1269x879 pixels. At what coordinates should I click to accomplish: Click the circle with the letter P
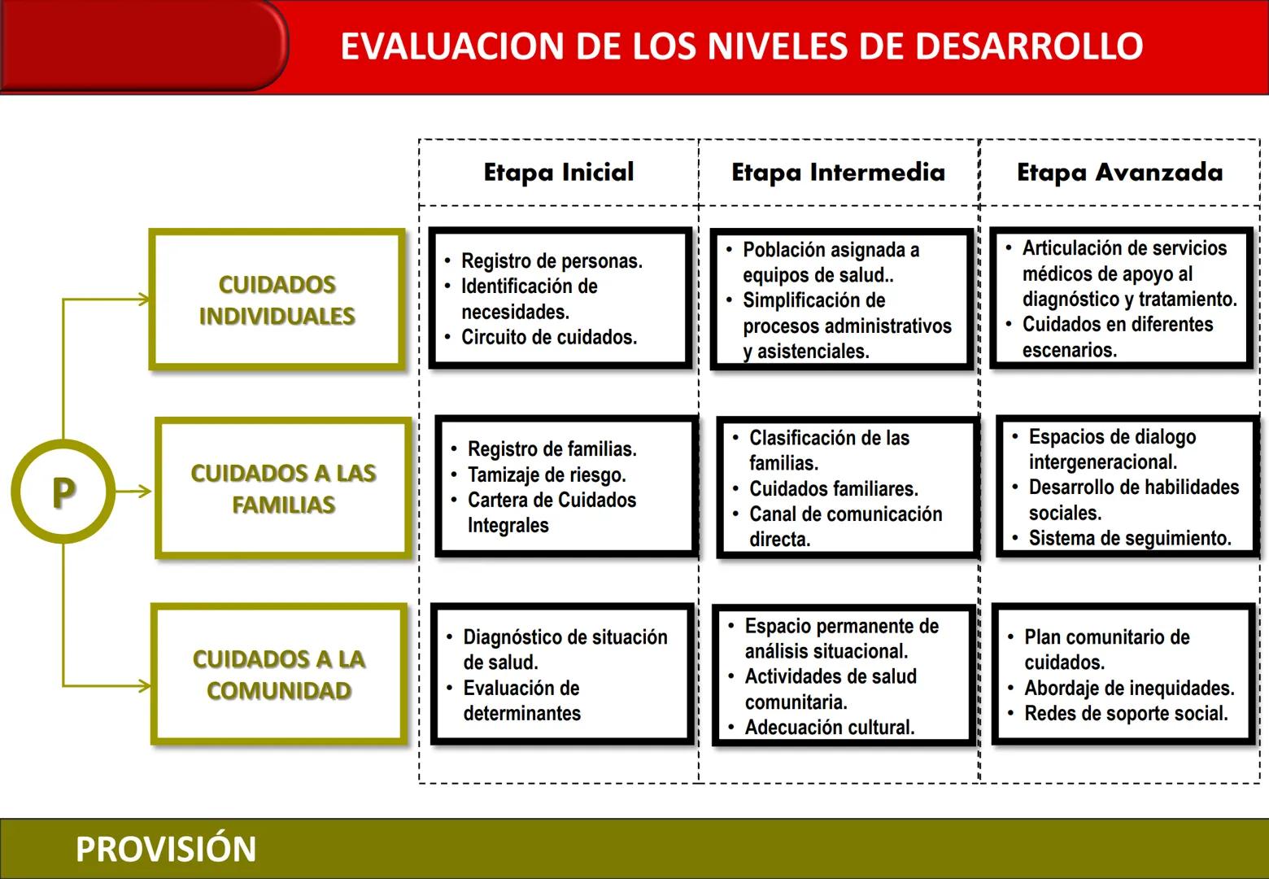click(x=63, y=492)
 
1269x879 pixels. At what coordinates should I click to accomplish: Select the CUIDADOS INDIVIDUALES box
click(x=277, y=300)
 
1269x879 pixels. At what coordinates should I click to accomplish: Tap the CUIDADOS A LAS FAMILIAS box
click(x=283, y=488)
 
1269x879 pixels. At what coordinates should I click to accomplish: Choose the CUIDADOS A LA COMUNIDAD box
click(x=278, y=674)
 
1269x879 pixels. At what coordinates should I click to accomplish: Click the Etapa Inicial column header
click(x=559, y=173)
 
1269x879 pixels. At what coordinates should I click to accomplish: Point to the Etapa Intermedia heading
click(x=838, y=173)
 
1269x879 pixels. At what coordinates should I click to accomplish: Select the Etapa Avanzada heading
click(x=1119, y=173)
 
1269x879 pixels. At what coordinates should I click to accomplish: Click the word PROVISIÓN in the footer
click(x=166, y=849)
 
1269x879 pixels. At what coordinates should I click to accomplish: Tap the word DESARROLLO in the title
click(x=1029, y=46)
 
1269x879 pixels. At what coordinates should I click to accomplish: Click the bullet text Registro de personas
click(x=552, y=261)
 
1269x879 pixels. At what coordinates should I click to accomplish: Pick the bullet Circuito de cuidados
click(x=549, y=337)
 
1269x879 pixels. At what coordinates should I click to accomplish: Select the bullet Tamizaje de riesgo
click(x=547, y=474)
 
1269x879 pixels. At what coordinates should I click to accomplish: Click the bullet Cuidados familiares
click(x=834, y=488)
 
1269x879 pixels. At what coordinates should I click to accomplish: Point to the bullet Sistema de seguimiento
click(x=1130, y=538)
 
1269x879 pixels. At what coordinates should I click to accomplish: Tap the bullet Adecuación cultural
click(x=830, y=727)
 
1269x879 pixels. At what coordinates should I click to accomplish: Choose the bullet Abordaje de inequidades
click(x=1129, y=689)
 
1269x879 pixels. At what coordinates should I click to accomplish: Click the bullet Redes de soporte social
click(x=1126, y=714)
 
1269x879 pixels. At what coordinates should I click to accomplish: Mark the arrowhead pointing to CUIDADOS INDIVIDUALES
click(x=145, y=300)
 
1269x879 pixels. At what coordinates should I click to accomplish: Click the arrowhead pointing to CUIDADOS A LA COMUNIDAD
click(x=145, y=685)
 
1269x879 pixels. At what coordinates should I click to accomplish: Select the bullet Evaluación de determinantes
click(x=521, y=701)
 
